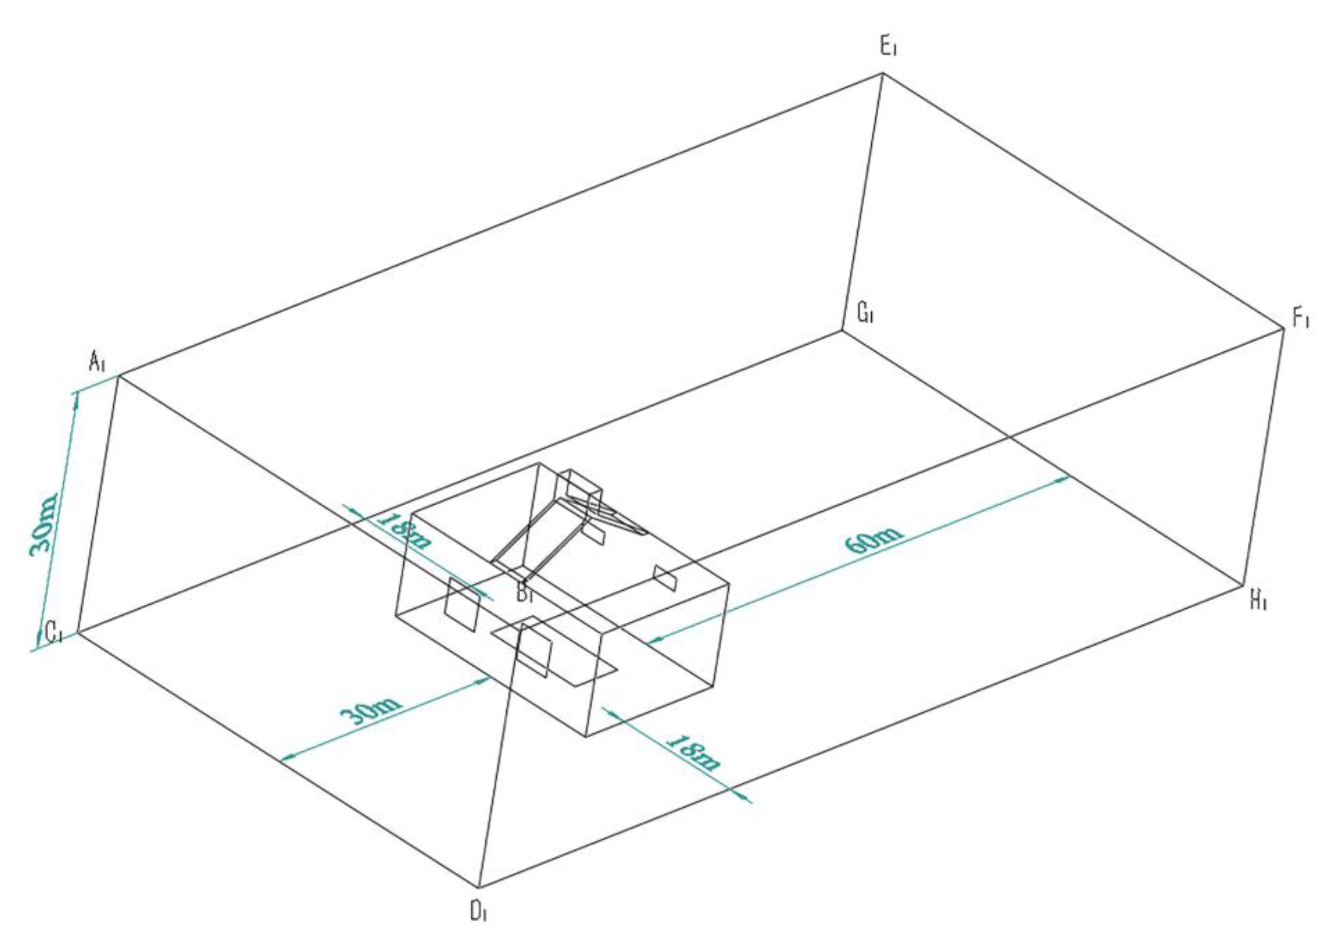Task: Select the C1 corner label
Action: (54, 632)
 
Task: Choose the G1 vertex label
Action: (866, 314)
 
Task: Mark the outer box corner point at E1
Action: (883, 73)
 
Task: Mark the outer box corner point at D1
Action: (479, 889)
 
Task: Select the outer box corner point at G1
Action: (842, 330)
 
